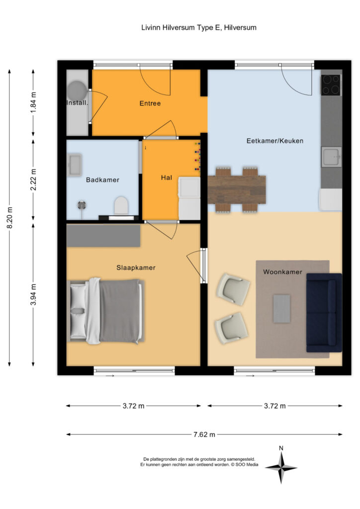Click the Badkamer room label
click(102, 180)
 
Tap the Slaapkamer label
click(136, 268)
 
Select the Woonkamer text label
click(282, 272)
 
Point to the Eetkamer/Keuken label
click(275, 141)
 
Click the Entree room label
click(150, 103)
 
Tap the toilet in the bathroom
click(121, 205)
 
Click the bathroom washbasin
click(75, 165)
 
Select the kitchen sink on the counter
click(331, 157)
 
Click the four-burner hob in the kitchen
click(331, 85)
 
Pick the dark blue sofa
click(324, 313)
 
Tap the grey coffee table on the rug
click(281, 309)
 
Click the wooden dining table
click(237, 189)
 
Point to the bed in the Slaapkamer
click(106, 311)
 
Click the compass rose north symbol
click(281, 468)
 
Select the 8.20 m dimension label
click(10, 218)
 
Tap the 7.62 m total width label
click(204, 434)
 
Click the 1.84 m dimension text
click(33, 103)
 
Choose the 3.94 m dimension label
click(33, 294)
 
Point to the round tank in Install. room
click(77, 89)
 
